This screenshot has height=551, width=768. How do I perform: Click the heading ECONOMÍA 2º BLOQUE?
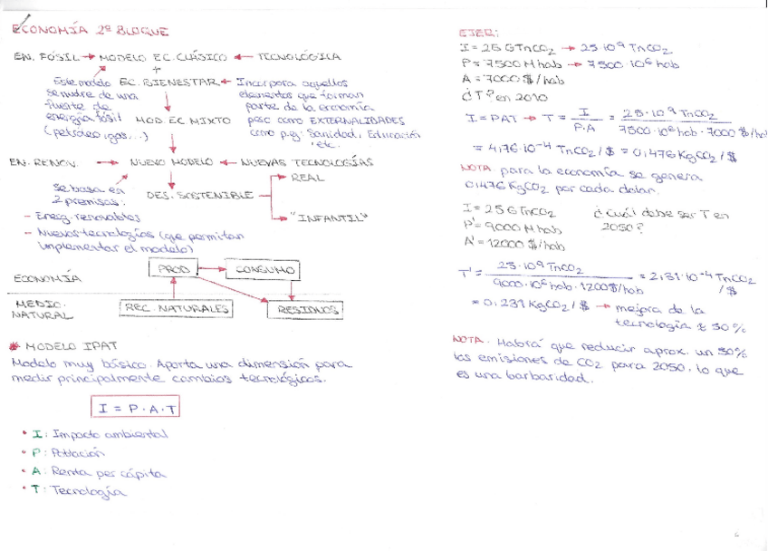(x=91, y=31)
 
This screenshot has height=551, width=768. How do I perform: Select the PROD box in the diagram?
(x=174, y=270)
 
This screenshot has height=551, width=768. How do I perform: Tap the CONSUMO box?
(x=264, y=270)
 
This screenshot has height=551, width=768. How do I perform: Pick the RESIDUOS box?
(x=304, y=310)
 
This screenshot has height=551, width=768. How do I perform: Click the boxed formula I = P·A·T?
(x=135, y=407)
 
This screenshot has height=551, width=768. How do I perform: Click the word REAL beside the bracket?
(x=308, y=178)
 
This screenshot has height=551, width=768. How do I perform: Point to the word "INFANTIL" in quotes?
(x=322, y=218)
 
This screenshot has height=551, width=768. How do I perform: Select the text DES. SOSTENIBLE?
(x=200, y=195)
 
